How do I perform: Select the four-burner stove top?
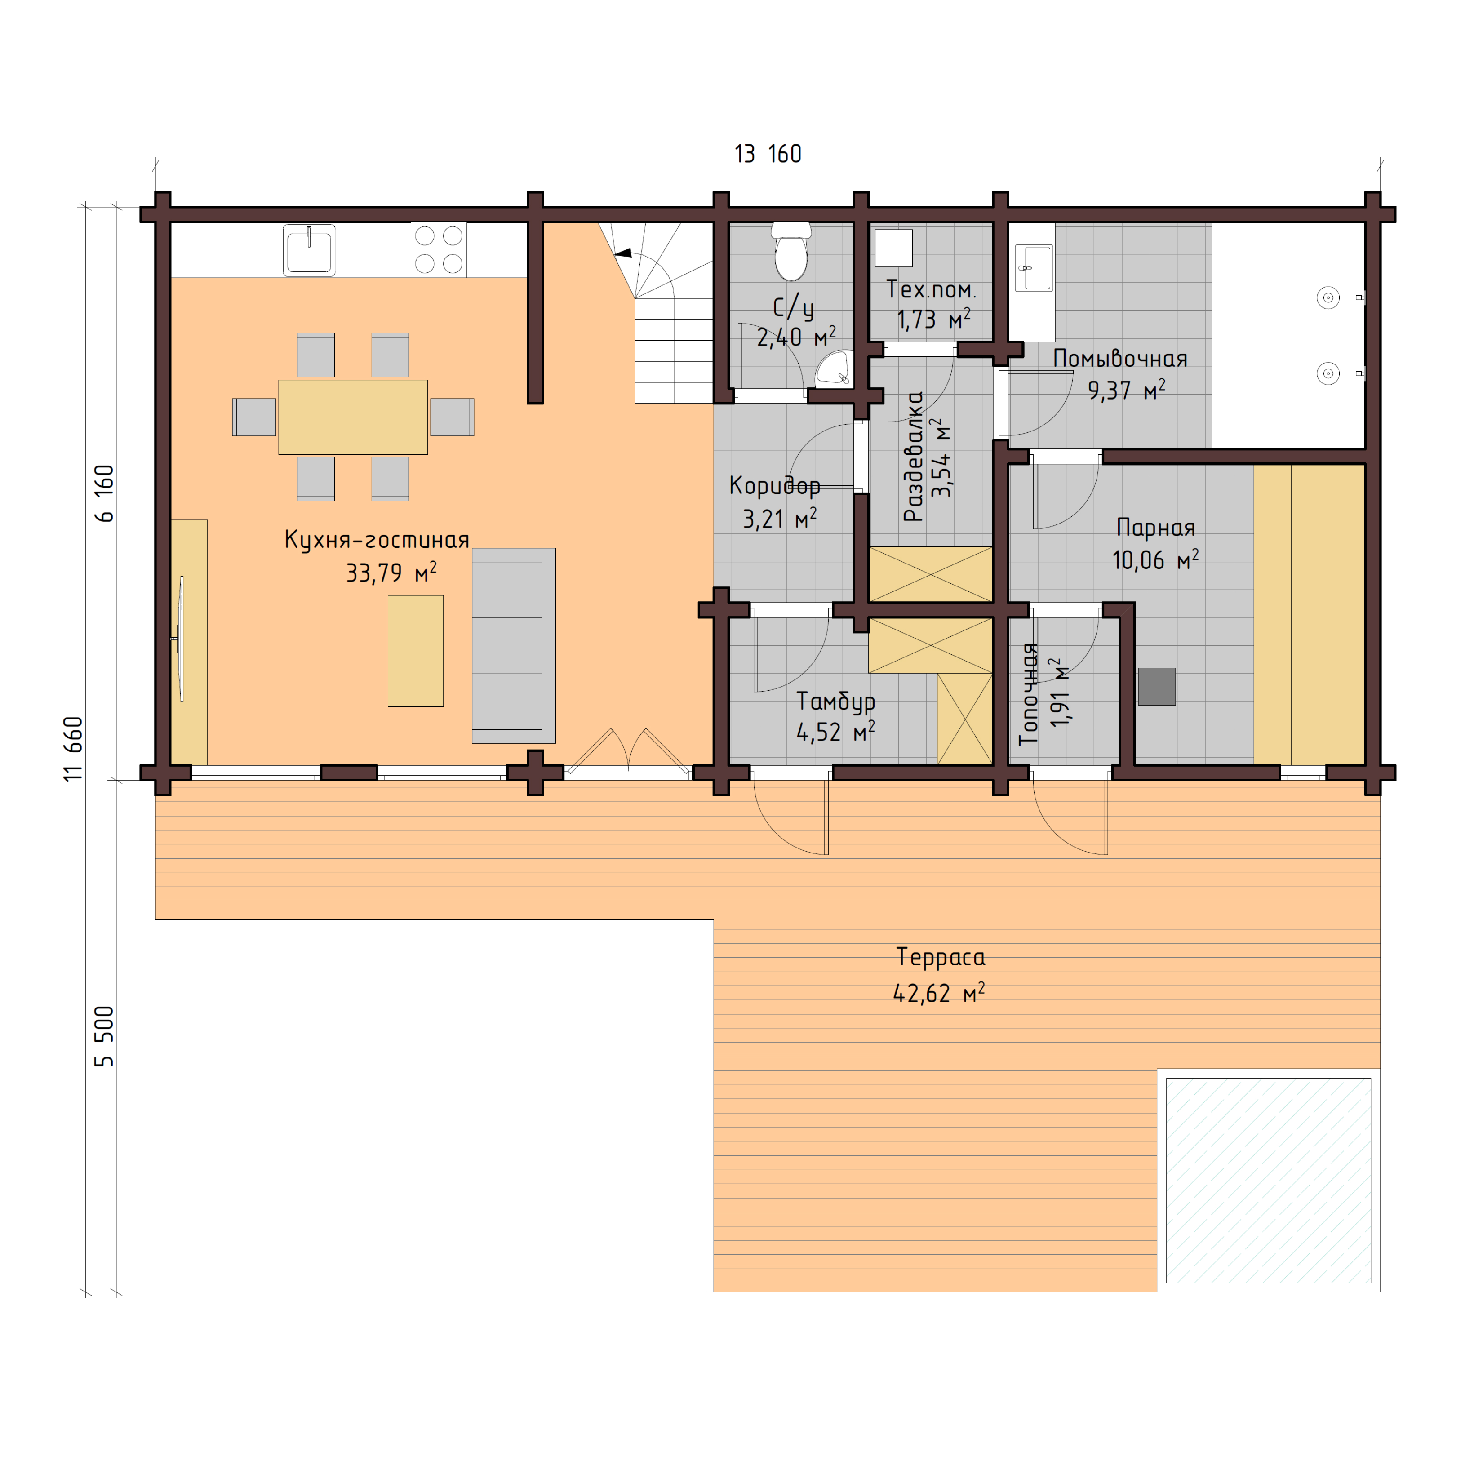click(438, 249)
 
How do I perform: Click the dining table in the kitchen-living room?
click(353, 417)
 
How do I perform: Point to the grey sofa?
click(513, 645)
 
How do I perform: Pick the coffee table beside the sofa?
click(415, 651)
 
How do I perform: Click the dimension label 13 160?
click(768, 154)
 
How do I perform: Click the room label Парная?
click(1155, 528)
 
